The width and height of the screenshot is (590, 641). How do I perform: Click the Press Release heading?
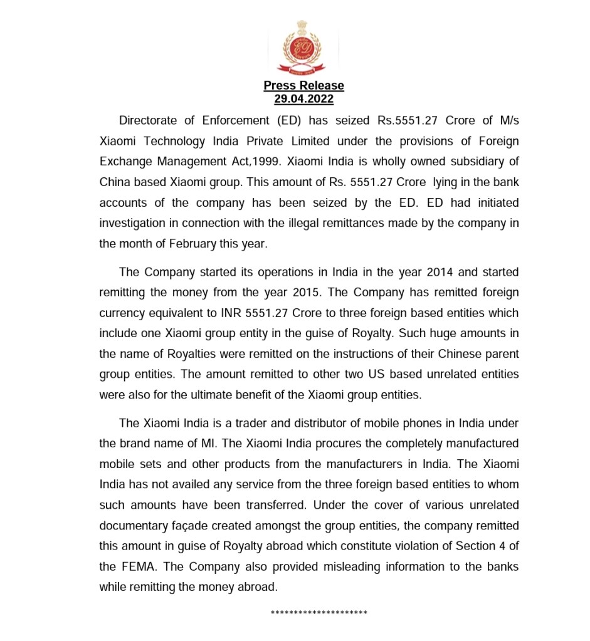pos(303,86)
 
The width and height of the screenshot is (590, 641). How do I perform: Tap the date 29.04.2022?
pos(303,99)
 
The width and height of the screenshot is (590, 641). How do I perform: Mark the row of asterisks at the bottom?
pos(319,613)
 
